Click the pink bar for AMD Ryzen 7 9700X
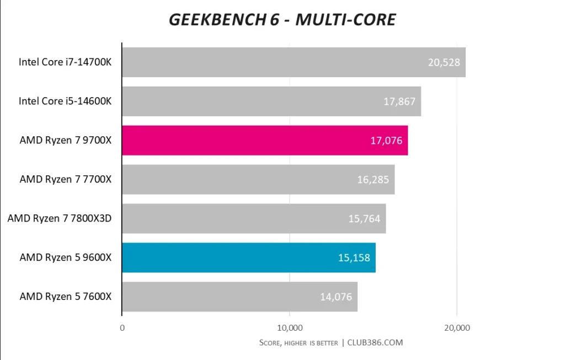(265, 141)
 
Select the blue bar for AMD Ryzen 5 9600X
(248, 257)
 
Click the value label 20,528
(444, 62)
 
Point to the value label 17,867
(399, 101)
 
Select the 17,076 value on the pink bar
(386, 141)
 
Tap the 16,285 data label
(373, 179)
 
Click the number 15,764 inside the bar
(364, 219)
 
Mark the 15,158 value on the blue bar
(354, 257)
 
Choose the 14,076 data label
(336, 297)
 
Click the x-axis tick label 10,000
(289, 328)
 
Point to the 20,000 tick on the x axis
(456, 328)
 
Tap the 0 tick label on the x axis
(122, 328)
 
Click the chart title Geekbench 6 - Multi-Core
(282, 20)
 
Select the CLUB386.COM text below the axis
(375, 342)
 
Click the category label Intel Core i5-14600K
(65, 101)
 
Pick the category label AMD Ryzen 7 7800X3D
(60, 219)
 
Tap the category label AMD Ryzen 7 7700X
(66, 179)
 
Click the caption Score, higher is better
(299, 343)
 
